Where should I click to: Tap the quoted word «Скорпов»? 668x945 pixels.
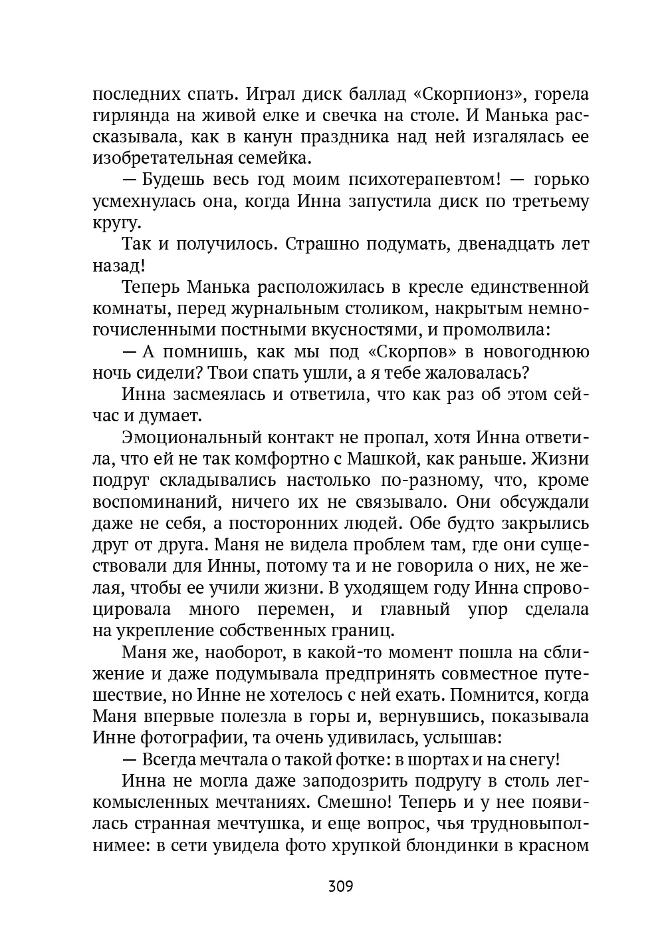tap(407, 352)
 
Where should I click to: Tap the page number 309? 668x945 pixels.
tap(340, 886)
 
